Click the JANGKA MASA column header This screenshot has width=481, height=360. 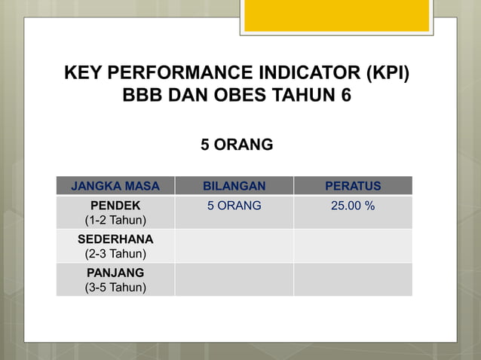coord(115,186)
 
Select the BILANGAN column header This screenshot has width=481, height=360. coord(234,186)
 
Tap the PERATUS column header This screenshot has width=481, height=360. coord(353,186)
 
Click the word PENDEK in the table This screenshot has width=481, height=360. coord(115,205)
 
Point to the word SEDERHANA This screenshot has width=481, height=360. coord(115,239)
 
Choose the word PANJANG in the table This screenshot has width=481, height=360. coord(115,272)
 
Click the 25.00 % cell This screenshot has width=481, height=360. coord(353,205)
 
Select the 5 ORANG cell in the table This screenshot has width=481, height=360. coord(234,205)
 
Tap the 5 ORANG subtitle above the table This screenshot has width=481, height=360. coord(237,144)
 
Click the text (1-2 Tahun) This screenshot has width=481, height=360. coord(115,220)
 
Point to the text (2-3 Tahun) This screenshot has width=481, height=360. coord(115,254)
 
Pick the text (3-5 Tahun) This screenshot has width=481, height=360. coord(115,287)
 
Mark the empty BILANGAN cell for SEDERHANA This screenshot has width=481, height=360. coord(234,246)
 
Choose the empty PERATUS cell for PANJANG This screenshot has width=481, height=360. coord(353,279)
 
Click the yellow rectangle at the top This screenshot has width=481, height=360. coord(336,15)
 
